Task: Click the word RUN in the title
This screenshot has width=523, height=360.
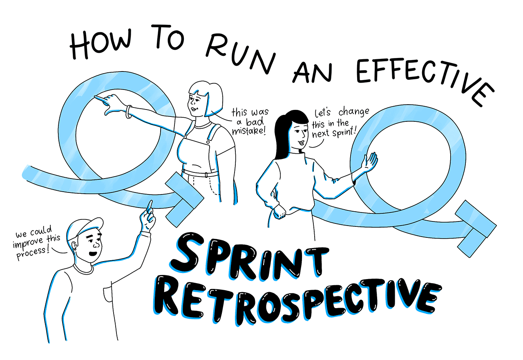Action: (x=241, y=54)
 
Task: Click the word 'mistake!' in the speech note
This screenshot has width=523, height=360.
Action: (x=249, y=131)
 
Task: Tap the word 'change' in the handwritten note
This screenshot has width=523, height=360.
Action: (x=354, y=112)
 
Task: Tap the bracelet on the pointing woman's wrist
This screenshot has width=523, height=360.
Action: (x=128, y=112)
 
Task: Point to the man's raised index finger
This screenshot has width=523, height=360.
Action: (x=150, y=206)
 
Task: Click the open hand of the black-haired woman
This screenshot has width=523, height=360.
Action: (x=369, y=162)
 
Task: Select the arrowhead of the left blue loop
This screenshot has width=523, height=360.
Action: (x=184, y=200)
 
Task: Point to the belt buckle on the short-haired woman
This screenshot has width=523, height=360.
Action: (x=206, y=174)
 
